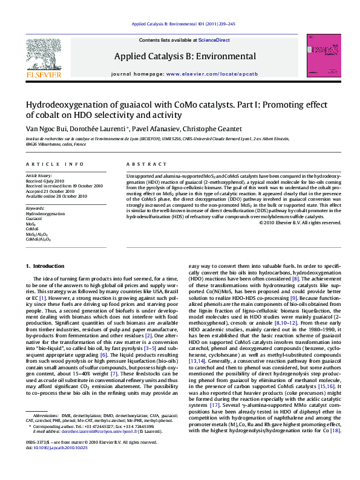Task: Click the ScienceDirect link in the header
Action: point(215,40)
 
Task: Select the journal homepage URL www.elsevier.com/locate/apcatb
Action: point(209,73)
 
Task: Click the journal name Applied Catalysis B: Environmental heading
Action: point(185,56)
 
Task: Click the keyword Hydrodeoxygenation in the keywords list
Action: point(45,214)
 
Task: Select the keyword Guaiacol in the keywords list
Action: point(35,219)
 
